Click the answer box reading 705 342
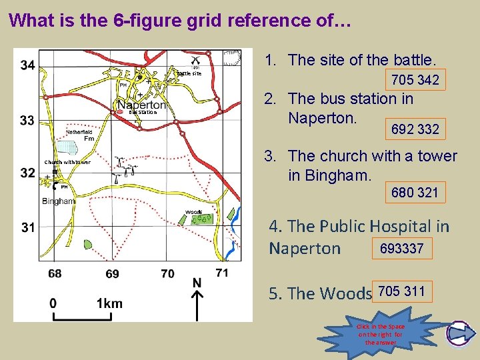[415, 81]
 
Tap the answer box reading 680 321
[415, 193]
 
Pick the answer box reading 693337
[402, 249]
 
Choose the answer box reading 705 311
[403, 291]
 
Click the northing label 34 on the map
[28, 65]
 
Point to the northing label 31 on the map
[28, 227]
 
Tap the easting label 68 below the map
[55, 273]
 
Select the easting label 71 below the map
[222, 272]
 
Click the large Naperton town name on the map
[141, 105]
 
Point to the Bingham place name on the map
[58, 201]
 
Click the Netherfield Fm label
[79, 135]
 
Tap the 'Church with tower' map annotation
[67, 162]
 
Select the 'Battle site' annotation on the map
[189, 73]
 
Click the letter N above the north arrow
[197, 283]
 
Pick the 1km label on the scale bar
[109, 303]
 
